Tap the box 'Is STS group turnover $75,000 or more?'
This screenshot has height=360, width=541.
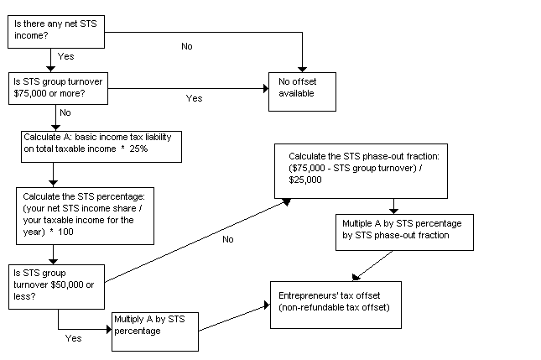tap(59, 88)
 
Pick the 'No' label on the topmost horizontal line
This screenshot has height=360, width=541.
tap(186, 46)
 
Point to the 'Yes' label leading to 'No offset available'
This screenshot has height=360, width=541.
tap(194, 98)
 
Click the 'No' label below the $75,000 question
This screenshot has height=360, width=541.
tap(65, 112)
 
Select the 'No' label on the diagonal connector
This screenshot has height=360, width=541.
tap(227, 240)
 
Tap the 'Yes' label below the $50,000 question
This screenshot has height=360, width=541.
tap(73, 339)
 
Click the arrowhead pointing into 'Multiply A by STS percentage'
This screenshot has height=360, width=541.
tap(108, 327)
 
